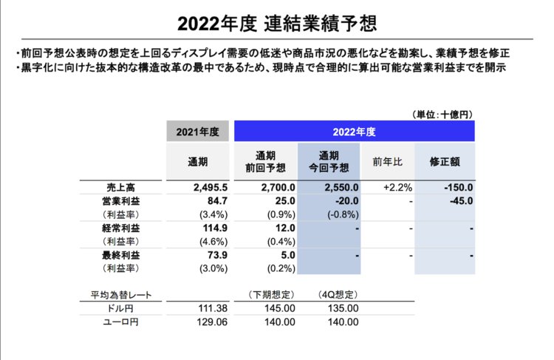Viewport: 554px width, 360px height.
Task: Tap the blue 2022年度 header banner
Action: pos(354,132)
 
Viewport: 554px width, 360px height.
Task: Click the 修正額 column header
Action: pos(445,161)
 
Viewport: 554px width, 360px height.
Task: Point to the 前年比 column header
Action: pos(388,161)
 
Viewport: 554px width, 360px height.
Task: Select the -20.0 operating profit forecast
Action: pos(345,201)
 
